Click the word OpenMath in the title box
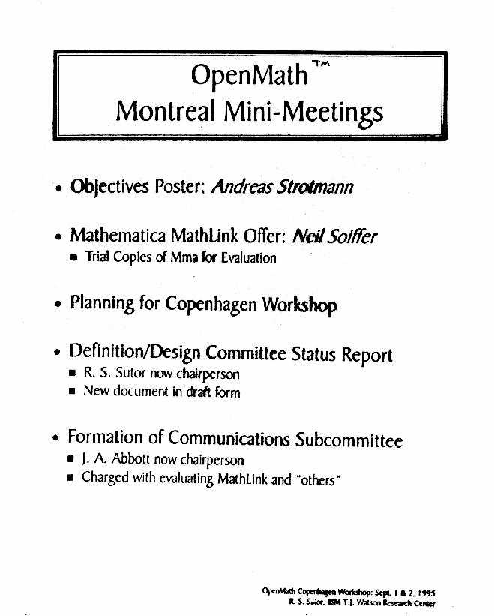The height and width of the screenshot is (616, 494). (x=249, y=76)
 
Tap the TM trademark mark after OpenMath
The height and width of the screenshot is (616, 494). (x=321, y=66)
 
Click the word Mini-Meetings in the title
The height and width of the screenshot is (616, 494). (x=304, y=113)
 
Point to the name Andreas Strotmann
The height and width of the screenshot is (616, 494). (x=283, y=186)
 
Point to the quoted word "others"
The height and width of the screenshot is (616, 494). (x=314, y=478)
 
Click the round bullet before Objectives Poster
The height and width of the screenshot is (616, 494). (x=58, y=188)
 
